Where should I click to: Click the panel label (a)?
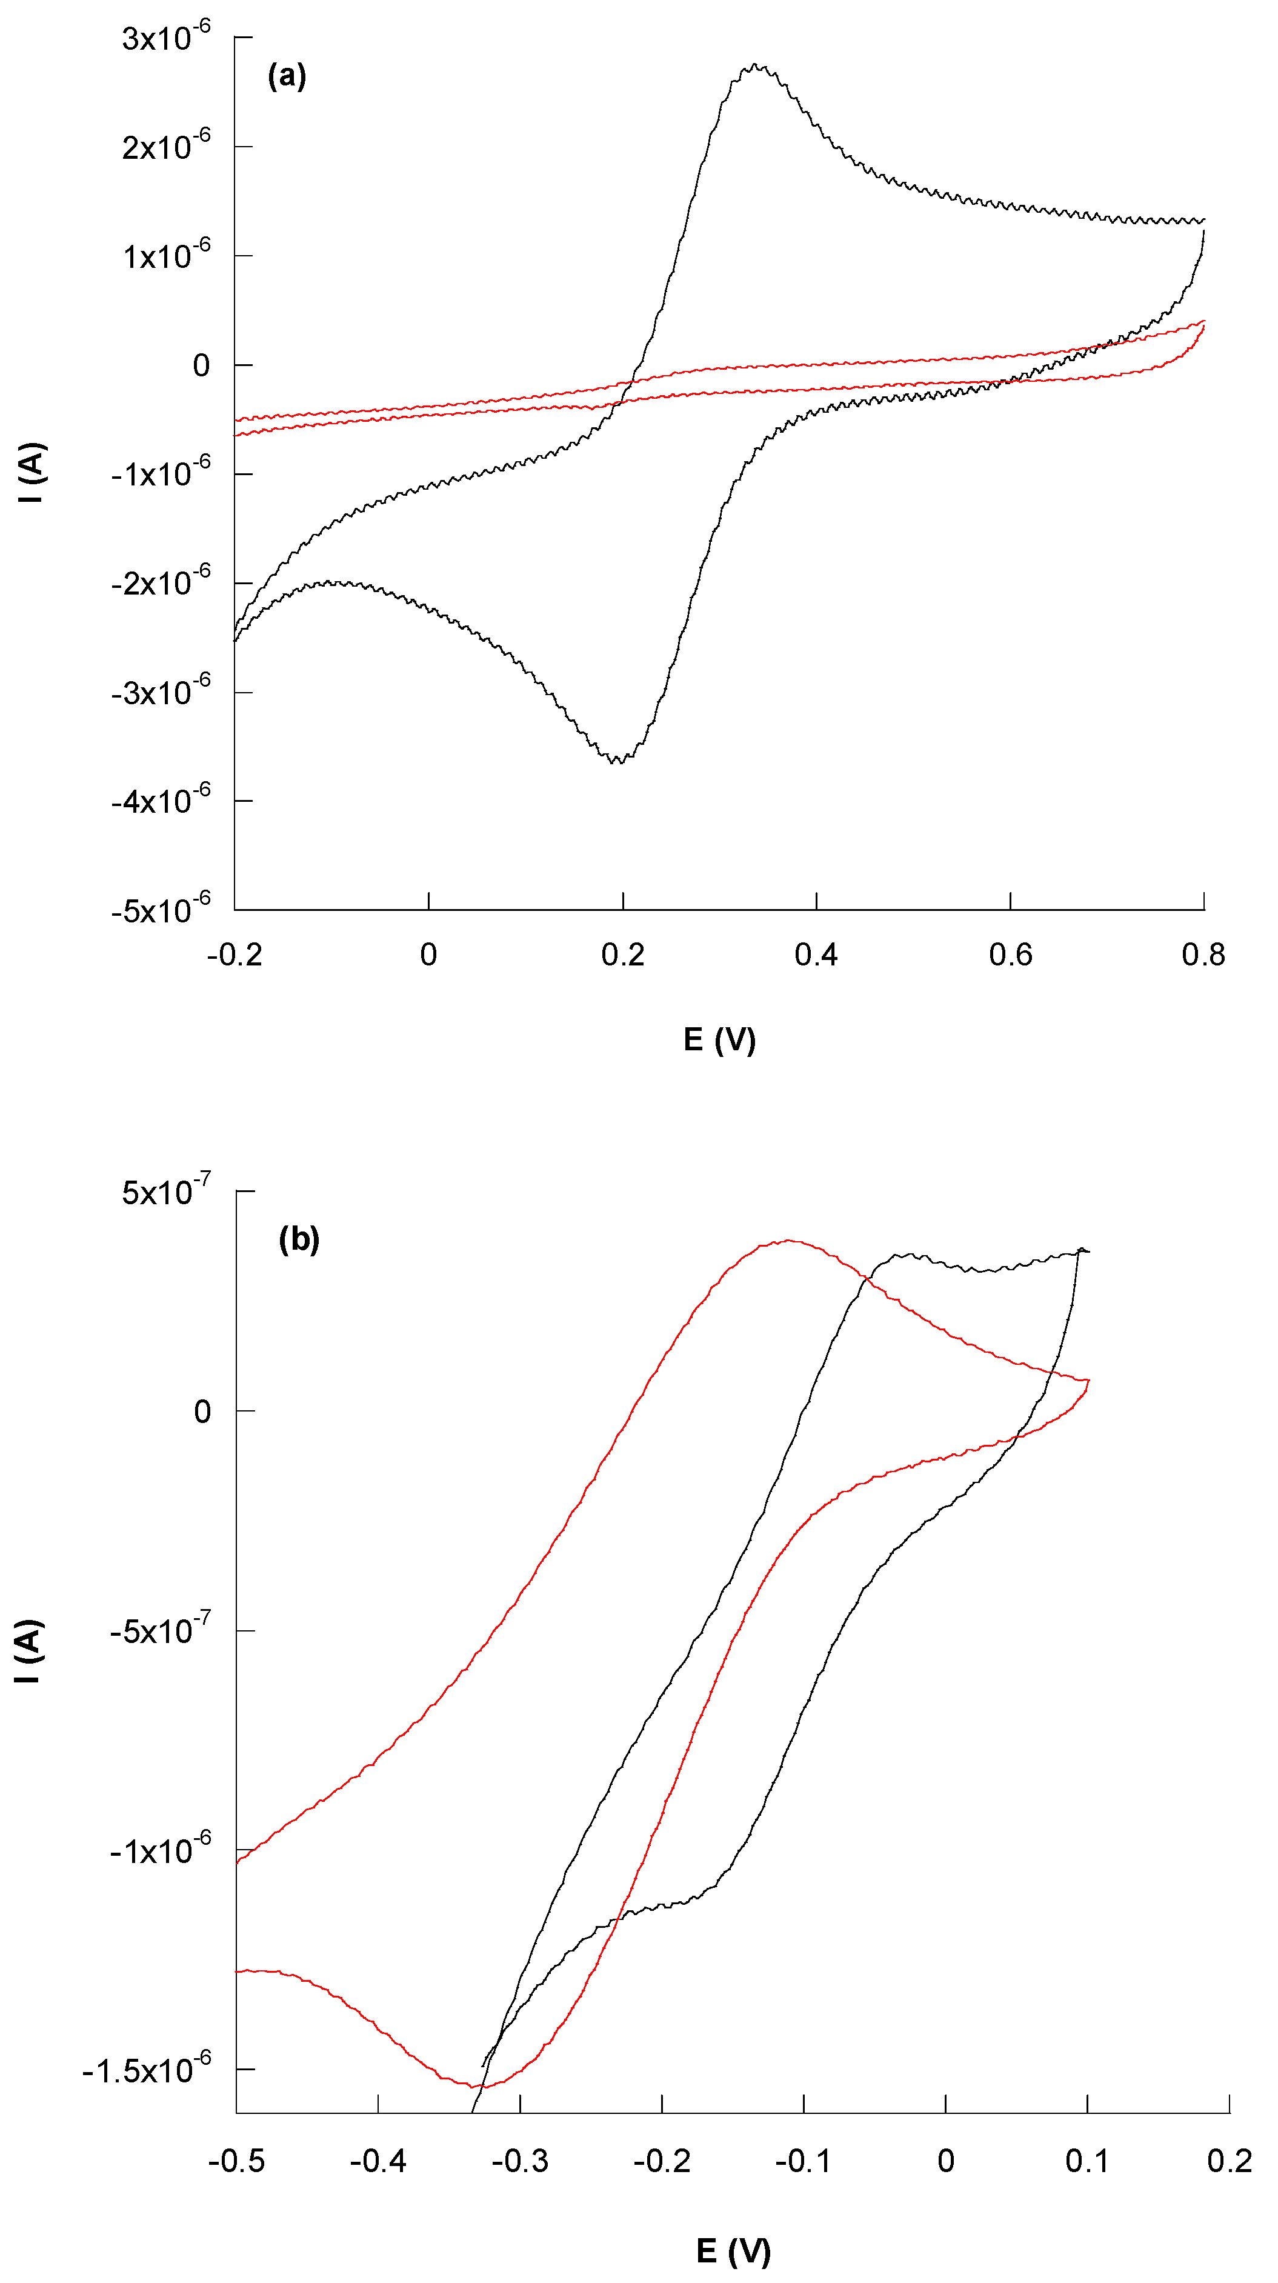[x=286, y=76]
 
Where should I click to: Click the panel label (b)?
[x=299, y=1238]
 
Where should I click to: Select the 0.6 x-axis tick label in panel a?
[x=1010, y=955]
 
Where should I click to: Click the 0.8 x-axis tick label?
[x=1203, y=955]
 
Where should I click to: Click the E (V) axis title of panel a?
[x=719, y=1039]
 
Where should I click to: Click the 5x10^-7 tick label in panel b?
[x=167, y=1192]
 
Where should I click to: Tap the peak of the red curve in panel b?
[x=788, y=1241]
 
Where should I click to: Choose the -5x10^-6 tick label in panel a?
[x=161, y=910]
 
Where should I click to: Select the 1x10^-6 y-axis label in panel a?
[x=167, y=256]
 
